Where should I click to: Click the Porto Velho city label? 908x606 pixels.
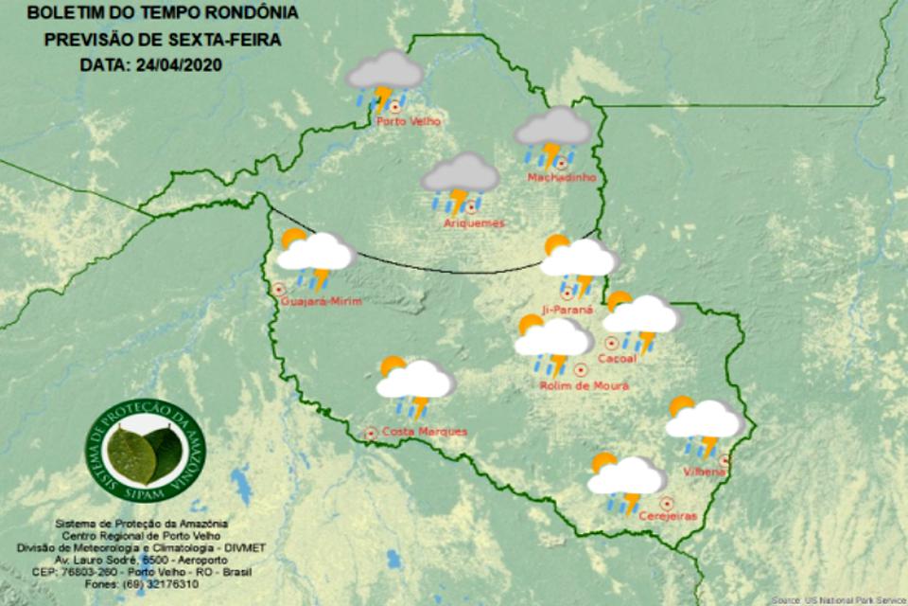pyautogui.click(x=408, y=121)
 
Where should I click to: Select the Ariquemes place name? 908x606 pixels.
pyautogui.click(x=474, y=223)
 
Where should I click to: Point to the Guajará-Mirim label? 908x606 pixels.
pyautogui.click(x=322, y=302)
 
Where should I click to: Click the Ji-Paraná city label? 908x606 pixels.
pyautogui.click(x=567, y=310)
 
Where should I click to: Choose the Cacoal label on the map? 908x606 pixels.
pyautogui.click(x=618, y=358)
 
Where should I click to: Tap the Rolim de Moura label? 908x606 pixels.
pyautogui.click(x=584, y=385)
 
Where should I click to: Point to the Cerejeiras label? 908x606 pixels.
pyautogui.click(x=668, y=516)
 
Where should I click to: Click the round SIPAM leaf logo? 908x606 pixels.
pyautogui.click(x=145, y=450)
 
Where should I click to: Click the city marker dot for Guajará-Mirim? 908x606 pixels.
pyautogui.click(x=279, y=289)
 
